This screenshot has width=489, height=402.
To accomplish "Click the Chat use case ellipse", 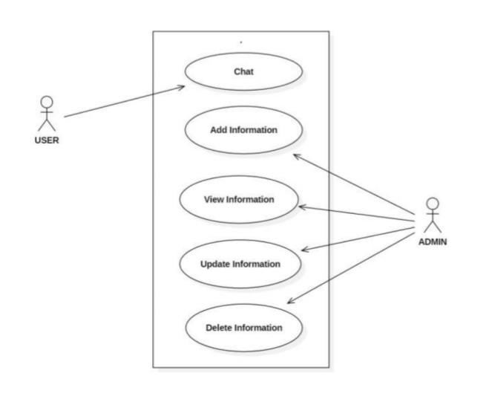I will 243,72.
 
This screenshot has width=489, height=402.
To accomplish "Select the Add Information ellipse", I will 243,130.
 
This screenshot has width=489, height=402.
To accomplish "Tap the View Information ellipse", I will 239,199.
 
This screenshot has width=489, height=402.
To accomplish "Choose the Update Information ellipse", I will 240,264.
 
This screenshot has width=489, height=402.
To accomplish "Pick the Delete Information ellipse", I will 243,327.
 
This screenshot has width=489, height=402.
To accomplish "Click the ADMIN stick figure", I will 432,215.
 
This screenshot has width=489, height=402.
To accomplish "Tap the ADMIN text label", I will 432,242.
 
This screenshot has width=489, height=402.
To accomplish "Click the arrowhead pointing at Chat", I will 180,88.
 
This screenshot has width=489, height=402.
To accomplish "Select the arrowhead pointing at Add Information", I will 295,156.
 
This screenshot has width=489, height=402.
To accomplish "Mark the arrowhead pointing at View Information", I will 301,207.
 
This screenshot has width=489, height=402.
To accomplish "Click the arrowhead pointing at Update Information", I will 304,250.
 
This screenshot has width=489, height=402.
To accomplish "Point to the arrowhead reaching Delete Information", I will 290,301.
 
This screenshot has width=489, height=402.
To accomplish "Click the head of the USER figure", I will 47,102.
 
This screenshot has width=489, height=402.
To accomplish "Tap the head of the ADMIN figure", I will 432,203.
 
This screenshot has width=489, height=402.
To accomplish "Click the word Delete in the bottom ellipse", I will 220,327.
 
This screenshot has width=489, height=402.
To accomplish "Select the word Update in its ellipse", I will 215,264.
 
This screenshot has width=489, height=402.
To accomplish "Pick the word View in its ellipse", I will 214,199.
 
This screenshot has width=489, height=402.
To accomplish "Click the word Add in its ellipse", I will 218,130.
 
